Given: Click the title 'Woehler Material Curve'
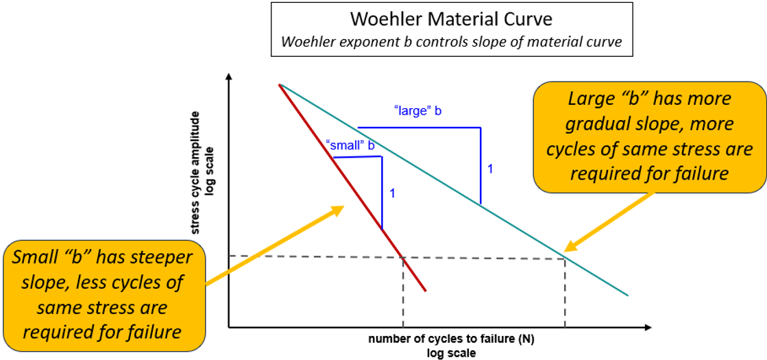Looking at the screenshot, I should [x=450, y=18].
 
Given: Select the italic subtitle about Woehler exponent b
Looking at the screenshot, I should [x=450, y=41].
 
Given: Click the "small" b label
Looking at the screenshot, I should [x=351, y=145].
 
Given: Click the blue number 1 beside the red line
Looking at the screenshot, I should [x=392, y=193].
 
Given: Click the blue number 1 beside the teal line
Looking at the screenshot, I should [x=490, y=168].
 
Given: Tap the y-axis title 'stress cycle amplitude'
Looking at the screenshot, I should [x=196, y=171].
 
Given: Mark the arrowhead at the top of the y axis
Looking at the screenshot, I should [x=229, y=77].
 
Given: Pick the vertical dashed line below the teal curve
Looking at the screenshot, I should [x=565, y=291].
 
